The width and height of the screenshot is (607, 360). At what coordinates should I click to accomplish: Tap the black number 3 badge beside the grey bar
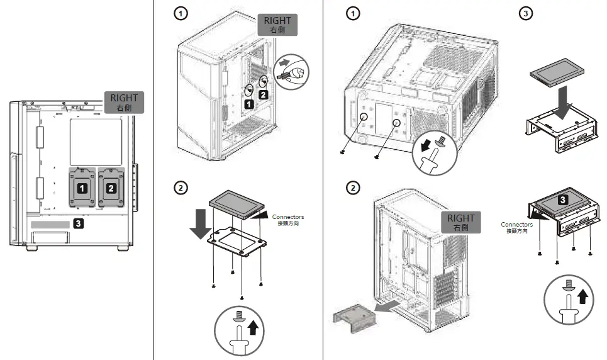click(78, 223)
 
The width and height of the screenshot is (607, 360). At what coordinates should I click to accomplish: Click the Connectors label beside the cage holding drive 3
click(516, 227)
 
